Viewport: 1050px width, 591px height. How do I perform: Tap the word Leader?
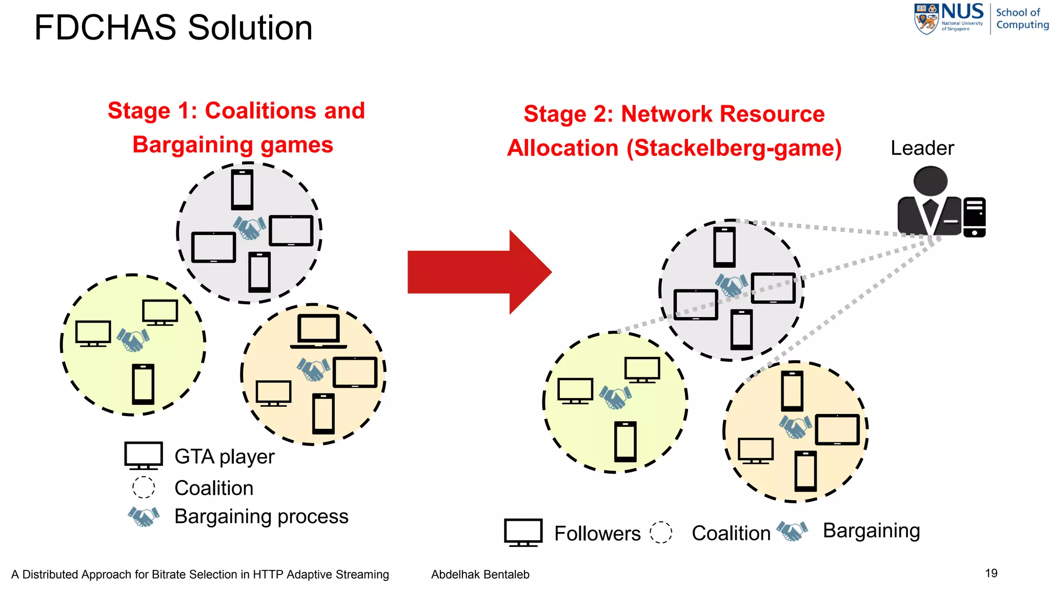pos(922,148)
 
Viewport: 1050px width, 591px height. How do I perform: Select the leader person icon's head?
pos(931,181)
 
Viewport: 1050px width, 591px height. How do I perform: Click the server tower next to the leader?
pos(974,217)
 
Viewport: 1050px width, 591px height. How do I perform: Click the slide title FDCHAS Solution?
pos(173,28)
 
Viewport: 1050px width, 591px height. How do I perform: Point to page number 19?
pos(991,573)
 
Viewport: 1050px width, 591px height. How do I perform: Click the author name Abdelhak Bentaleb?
pos(480,575)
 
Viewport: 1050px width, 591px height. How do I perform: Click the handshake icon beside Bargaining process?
pos(144,516)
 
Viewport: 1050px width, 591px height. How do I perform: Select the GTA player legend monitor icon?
pos(144,455)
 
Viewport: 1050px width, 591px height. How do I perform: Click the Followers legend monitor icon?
pos(523,532)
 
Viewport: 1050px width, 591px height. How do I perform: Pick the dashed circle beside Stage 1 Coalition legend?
pos(144,487)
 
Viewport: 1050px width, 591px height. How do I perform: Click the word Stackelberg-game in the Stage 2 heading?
pos(734,148)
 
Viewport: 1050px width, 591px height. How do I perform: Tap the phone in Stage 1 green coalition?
pos(143,384)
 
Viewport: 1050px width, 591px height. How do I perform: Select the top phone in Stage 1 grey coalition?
pos(242,189)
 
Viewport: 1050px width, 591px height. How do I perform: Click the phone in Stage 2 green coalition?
pos(625,441)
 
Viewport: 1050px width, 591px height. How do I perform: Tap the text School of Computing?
pos(1022,18)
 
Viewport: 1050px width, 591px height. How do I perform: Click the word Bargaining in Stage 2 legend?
pos(871,530)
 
